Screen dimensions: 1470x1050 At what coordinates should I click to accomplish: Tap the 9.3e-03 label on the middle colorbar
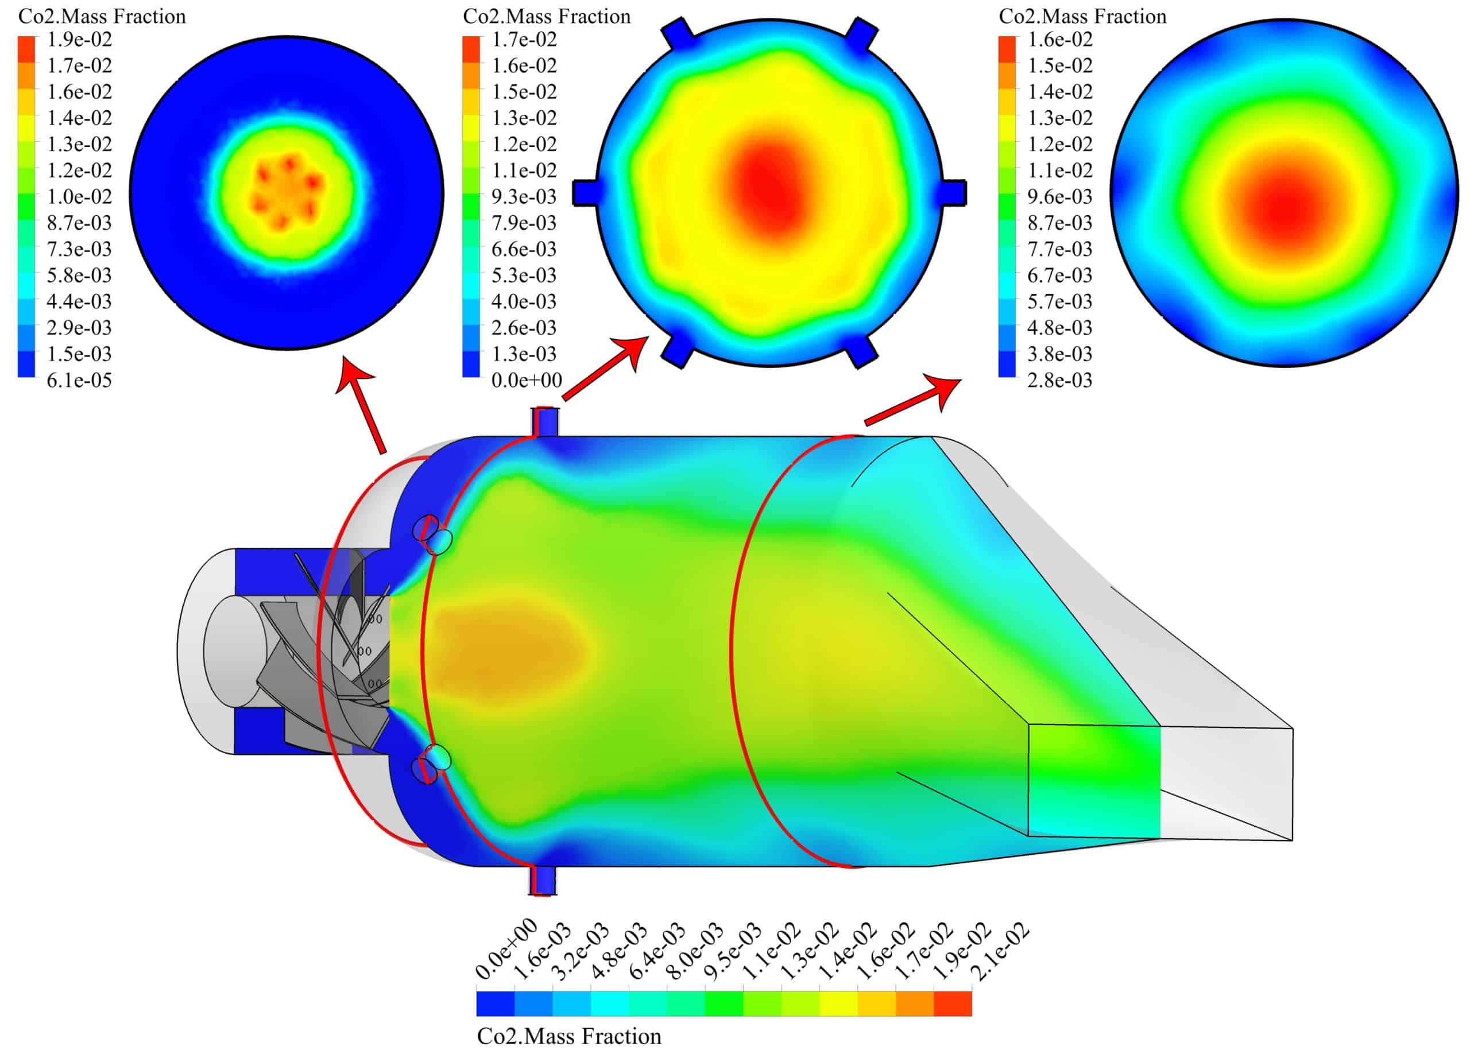pos(524,196)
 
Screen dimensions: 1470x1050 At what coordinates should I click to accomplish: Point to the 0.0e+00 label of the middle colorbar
pos(527,380)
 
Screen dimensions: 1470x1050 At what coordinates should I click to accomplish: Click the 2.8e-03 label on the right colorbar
pos(1060,380)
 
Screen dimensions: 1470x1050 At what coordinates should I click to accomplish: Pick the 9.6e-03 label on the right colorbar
pos(1060,196)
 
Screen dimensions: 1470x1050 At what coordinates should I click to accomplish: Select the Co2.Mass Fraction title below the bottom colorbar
pos(569,1036)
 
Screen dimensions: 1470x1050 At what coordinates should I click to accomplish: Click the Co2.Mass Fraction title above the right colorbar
pos(1082,16)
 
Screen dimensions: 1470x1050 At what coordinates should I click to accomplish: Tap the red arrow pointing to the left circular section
pos(363,408)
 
